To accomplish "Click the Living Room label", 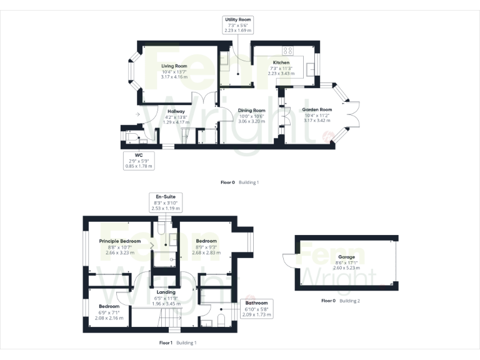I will (174, 66).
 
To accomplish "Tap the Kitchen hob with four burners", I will (288, 51).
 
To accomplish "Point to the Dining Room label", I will (252, 111).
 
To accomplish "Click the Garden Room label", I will (317, 109).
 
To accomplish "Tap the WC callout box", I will (138, 160).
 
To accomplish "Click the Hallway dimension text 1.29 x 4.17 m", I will (176, 122).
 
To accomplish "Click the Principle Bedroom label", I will (120, 241).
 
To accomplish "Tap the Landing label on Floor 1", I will (166, 292).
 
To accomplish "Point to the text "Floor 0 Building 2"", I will (341, 301).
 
